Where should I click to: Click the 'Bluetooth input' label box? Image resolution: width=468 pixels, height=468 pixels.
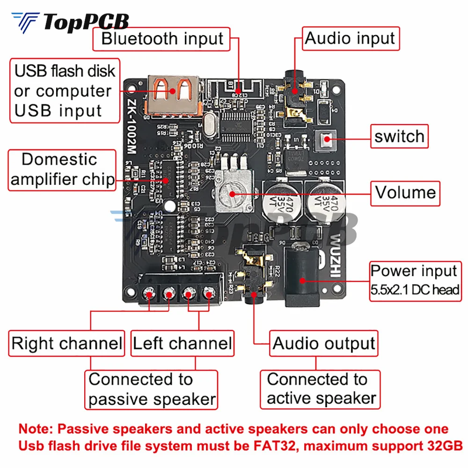(162, 39)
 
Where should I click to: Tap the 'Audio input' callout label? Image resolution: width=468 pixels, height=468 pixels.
(350, 38)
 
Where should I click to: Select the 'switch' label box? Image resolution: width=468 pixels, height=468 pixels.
(399, 136)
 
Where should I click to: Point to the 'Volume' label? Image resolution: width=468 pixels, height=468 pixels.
(405, 192)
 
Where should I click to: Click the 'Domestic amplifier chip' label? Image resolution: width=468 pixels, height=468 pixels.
(62, 169)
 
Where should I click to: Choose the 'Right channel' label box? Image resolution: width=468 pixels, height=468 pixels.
(67, 344)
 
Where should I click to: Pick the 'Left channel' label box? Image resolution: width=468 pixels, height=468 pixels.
(182, 344)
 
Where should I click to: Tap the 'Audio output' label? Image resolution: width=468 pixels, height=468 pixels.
(324, 344)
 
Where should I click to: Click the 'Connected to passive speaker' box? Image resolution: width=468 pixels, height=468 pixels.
(152, 389)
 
